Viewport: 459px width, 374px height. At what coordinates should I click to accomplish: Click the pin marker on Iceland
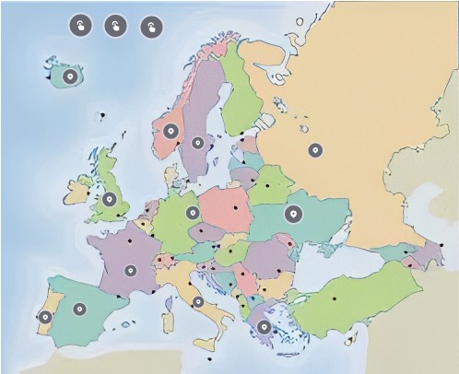click(x=70, y=76)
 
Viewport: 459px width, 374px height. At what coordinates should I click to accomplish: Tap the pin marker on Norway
click(x=171, y=132)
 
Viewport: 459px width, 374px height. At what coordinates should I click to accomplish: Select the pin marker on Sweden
click(x=199, y=143)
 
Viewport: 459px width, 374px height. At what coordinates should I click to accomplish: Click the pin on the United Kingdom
click(x=110, y=198)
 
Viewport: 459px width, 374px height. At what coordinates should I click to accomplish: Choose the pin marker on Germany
click(x=193, y=213)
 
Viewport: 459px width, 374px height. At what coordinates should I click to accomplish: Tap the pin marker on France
click(x=131, y=271)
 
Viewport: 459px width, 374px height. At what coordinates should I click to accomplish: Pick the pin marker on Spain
click(x=79, y=309)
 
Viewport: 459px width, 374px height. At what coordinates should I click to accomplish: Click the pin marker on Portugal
click(x=45, y=318)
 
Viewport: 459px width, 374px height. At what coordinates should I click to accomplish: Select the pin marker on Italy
click(x=198, y=301)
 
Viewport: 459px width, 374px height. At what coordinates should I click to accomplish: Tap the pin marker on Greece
click(x=265, y=326)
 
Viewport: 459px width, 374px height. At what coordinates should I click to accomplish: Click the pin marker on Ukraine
click(x=294, y=215)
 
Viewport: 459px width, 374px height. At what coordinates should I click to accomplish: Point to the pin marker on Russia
click(x=315, y=149)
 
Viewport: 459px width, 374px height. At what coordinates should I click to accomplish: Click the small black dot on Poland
click(x=235, y=208)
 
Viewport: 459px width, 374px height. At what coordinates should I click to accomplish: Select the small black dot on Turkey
click(x=334, y=298)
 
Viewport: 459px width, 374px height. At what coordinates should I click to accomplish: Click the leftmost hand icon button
click(x=80, y=25)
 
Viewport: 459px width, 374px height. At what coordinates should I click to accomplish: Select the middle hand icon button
click(x=115, y=25)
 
